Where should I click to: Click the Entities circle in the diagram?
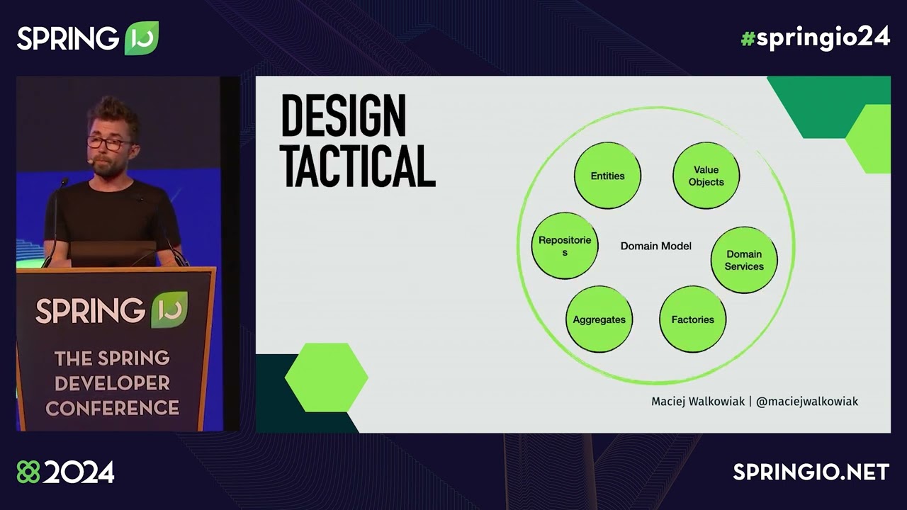pyautogui.click(x=607, y=176)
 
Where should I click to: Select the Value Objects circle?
pyautogui.click(x=706, y=176)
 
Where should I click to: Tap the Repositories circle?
pyautogui.click(x=565, y=246)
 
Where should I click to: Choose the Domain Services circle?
pyautogui.click(x=744, y=260)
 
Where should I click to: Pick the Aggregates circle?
pyautogui.click(x=599, y=319)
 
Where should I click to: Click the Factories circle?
pyautogui.click(x=692, y=319)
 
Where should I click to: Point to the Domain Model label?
pyautogui.click(x=655, y=246)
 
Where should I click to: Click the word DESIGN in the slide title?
pyautogui.click(x=344, y=117)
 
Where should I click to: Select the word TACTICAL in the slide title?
pyautogui.click(x=358, y=166)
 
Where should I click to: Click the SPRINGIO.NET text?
pyautogui.click(x=811, y=472)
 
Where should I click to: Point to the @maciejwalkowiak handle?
pyautogui.click(x=807, y=402)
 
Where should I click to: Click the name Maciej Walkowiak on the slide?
pyautogui.click(x=698, y=402)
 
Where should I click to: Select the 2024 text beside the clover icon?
pyautogui.click(x=78, y=472)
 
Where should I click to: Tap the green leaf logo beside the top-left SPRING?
pyautogui.click(x=142, y=38)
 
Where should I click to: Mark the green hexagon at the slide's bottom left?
pyautogui.click(x=326, y=378)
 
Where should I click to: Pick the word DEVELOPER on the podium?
pyautogui.click(x=112, y=383)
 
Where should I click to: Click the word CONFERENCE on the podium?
pyautogui.click(x=112, y=408)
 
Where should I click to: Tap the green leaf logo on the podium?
pyautogui.click(x=169, y=310)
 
